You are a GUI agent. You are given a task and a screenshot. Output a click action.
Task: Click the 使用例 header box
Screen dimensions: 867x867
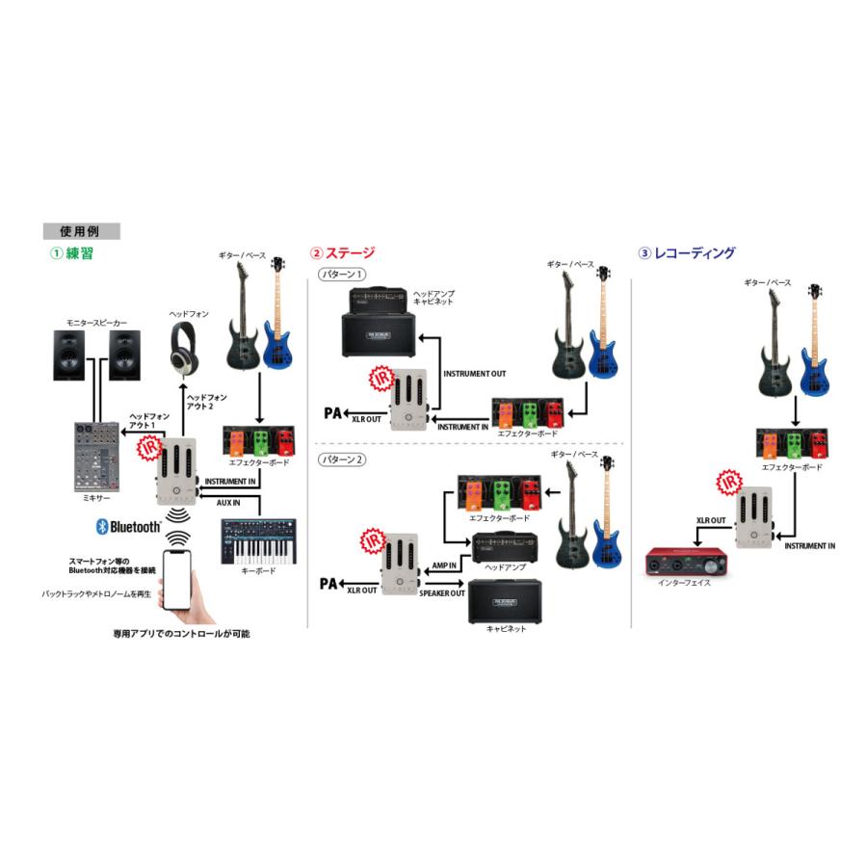tap(81, 231)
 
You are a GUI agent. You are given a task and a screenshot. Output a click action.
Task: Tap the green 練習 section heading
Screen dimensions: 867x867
tap(71, 254)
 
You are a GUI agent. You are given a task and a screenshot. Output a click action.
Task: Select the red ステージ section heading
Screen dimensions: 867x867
tap(342, 254)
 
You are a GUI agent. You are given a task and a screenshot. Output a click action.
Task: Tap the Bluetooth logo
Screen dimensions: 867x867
tap(128, 526)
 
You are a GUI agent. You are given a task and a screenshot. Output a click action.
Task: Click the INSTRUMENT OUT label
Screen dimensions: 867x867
tap(474, 373)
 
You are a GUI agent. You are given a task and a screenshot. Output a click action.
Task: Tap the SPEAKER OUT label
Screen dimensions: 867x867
tap(442, 592)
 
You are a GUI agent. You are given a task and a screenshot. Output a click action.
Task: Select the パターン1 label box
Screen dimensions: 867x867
tap(342, 276)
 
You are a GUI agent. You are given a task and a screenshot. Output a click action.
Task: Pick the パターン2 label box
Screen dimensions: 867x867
tap(342, 460)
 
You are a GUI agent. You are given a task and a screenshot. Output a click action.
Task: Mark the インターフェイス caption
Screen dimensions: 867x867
tap(685, 584)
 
